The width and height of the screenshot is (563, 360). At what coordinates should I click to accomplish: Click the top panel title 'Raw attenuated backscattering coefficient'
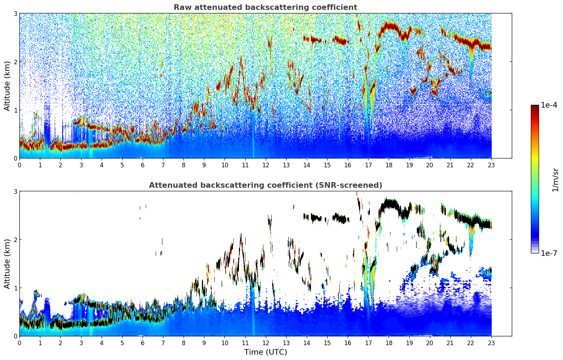tap(265, 7)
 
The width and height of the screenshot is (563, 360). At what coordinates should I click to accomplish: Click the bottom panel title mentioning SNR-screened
tap(265, 185)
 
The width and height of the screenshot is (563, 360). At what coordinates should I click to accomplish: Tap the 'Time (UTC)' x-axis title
tap(265, 352)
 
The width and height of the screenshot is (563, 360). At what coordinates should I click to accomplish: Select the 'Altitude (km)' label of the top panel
tap(7, 86)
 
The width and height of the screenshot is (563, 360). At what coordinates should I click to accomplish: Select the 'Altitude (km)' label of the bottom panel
tap(7, 264)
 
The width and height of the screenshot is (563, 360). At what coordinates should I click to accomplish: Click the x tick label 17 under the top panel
tap(368, 165)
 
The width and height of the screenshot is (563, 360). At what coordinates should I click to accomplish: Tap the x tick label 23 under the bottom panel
tap(491, 343)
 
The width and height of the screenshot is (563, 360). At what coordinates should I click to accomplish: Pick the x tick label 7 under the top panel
tap(163, 165)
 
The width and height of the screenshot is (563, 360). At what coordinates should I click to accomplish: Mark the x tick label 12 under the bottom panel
tap(265, 343)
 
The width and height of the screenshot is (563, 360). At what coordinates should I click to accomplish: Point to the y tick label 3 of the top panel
tap(15, 13)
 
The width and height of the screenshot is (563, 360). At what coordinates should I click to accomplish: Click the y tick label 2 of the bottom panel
tap(15, 240)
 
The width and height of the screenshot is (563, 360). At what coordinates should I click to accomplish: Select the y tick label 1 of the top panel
tap(15, 110)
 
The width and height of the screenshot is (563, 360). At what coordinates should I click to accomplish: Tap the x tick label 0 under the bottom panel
tap(19, 343)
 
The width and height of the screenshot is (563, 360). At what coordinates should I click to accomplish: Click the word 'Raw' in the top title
tap(181, 7)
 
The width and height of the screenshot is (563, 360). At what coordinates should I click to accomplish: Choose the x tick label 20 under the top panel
tap(430, 165)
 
